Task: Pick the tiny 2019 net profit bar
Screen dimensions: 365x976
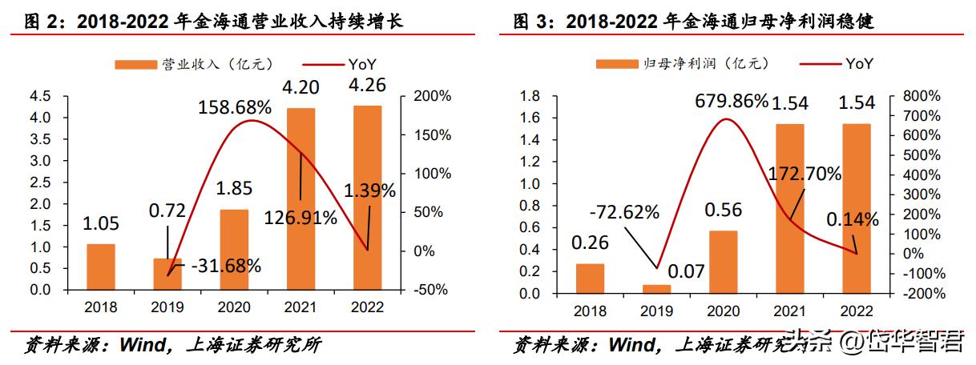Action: [x=656, y=288]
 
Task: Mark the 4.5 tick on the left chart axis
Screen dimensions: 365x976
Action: [x=40, y=97]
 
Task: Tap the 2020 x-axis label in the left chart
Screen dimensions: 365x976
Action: [x=234, y=307]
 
